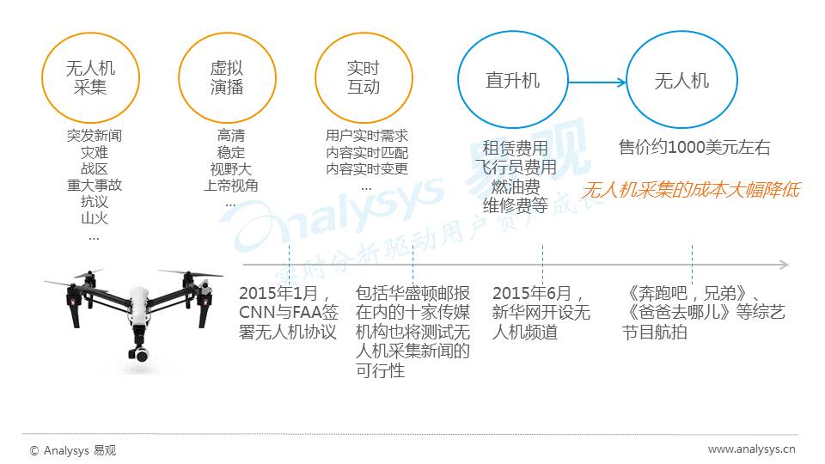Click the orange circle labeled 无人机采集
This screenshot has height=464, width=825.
[90, 77]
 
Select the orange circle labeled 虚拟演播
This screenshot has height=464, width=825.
[226, 77]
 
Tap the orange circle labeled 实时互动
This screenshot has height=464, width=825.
[363, 77]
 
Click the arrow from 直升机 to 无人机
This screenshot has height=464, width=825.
[596, 82]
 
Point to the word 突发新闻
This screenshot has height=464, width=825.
[95, 136]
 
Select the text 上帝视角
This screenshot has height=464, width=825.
[230, 186]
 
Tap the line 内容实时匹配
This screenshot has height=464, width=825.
[367, 152]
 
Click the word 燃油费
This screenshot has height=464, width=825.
[516, 186]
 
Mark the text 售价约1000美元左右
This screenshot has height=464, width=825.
[694, 148]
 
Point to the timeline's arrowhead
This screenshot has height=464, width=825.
[783, 265]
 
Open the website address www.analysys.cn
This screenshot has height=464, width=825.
[751, 449]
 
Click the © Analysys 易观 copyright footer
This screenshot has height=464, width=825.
[73, 449]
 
